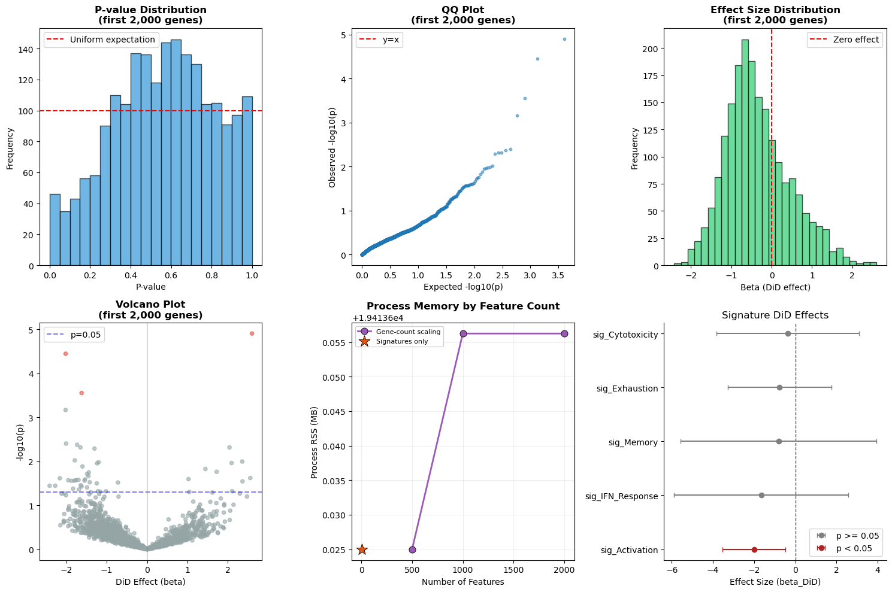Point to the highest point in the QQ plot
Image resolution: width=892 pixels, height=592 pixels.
click(x=564, y=39)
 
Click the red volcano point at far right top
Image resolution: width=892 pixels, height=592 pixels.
click(x=252, y=333)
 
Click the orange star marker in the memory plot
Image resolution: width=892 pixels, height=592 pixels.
click(x=362, y=550)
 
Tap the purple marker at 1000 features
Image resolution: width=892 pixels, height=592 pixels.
click(x=463, y=333)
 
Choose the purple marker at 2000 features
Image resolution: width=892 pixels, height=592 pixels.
click(x=564, y=333)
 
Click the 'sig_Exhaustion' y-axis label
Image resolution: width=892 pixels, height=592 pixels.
click(x=627, y=388)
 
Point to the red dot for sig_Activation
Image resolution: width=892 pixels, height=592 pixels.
click(x=754, y=550)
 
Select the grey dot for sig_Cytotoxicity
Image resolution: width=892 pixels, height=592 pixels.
click(x=788, y=333)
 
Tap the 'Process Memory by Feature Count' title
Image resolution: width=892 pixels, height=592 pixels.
click(x=463, y=306)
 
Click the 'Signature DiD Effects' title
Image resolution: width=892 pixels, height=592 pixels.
click(x=775, y=315)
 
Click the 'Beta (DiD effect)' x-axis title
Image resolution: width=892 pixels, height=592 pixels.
click(x=775, y=287)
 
